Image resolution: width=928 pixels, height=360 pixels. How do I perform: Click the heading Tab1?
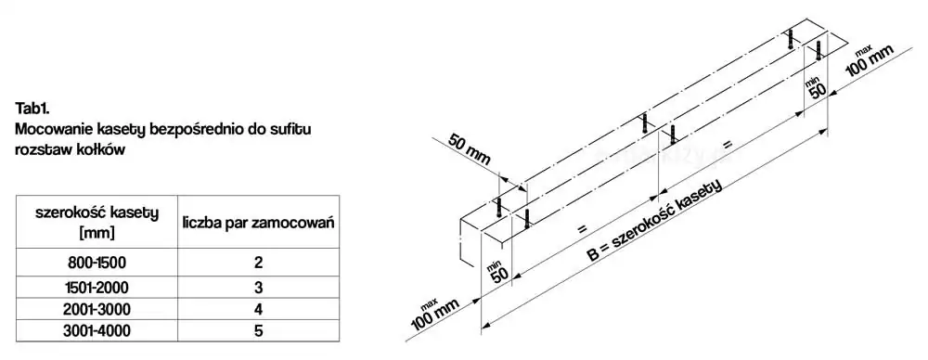pos(32,109)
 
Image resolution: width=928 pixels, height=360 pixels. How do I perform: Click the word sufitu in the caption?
pos(291,129)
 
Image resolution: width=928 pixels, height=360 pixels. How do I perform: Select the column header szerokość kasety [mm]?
pos(97,222)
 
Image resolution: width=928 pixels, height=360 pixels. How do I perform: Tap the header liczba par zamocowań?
pos(258,224)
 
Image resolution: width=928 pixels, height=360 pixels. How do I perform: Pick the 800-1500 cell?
pos(97,262)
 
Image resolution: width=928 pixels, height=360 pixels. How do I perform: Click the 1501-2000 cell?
pos(97,288)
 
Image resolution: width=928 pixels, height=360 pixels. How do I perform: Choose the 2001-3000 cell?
pos(97,309)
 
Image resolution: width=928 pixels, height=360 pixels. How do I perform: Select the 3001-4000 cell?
pos(97,330)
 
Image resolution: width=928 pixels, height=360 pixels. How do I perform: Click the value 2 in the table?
pos(258,263)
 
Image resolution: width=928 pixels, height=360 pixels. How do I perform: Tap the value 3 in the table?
pos(258,288)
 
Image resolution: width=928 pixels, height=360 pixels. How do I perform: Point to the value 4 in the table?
pos(258,309)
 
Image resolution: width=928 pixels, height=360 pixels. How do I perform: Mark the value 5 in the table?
pos(258,330)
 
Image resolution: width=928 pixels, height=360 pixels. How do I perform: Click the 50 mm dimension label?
pos(470,149)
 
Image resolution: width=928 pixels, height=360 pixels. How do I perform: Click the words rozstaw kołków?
pos(71,149)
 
